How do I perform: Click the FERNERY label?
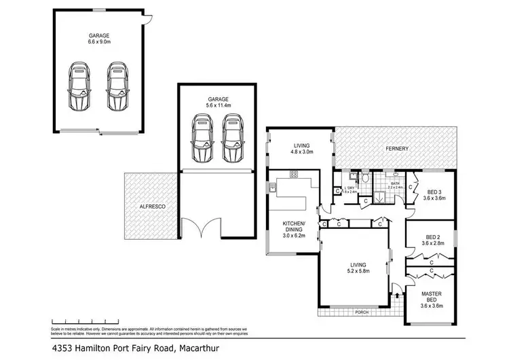coord(397,147)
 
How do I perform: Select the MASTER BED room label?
coord(432,297)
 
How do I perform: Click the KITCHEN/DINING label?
coord(294,228)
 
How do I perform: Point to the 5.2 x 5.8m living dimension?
coord(355,271)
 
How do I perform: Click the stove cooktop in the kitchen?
coord(294,175)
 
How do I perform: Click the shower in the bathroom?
coord(381,198)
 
